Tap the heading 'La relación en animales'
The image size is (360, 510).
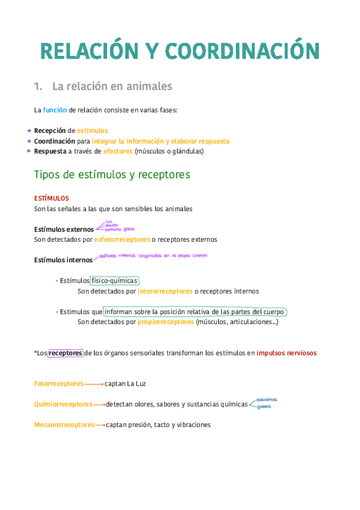[x=112, y=87]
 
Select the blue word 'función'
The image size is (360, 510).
[x=55, y=110]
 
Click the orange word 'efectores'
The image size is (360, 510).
[x=118, y=152]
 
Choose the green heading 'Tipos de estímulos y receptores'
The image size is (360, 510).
[x=112, y=175]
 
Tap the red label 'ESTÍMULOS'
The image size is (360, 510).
[x=51, y=198]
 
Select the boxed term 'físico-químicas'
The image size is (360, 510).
[x=115, y=281]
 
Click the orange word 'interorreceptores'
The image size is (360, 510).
[x=165, y=291]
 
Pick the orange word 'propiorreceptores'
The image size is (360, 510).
[x=165, y=322]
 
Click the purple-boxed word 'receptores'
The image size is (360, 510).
[x=66, y=353]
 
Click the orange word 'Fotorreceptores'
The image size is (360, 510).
[x=59, y=383]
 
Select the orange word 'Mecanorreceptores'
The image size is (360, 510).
[x=64, y=425]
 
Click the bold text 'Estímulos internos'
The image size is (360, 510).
[x=64, y=260]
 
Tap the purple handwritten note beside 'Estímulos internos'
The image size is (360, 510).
[x=153, y=256]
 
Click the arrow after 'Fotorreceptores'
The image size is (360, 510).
[x=94, y=383]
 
